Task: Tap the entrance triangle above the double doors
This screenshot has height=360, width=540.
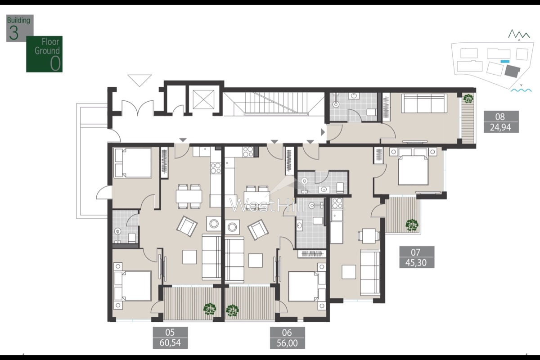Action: point(140,81)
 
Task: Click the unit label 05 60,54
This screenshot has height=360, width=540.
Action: point(170,338)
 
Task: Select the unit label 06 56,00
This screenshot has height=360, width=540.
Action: point(287,338)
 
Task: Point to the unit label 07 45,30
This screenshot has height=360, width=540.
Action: point(417,257)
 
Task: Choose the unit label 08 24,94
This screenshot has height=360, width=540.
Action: point(500,122)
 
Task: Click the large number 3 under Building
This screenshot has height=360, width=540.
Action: point(14,34)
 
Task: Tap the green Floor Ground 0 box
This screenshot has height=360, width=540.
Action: point(44,54)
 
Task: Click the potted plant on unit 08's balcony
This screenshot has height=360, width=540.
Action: point(468,98)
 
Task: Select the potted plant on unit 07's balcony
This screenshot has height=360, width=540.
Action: point(411,224)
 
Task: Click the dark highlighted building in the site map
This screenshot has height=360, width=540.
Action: point(511,71)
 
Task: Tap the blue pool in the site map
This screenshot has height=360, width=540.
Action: point(505,61)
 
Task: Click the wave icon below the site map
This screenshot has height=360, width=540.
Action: point(521,90)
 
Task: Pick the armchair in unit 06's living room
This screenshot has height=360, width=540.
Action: point(257,229)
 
